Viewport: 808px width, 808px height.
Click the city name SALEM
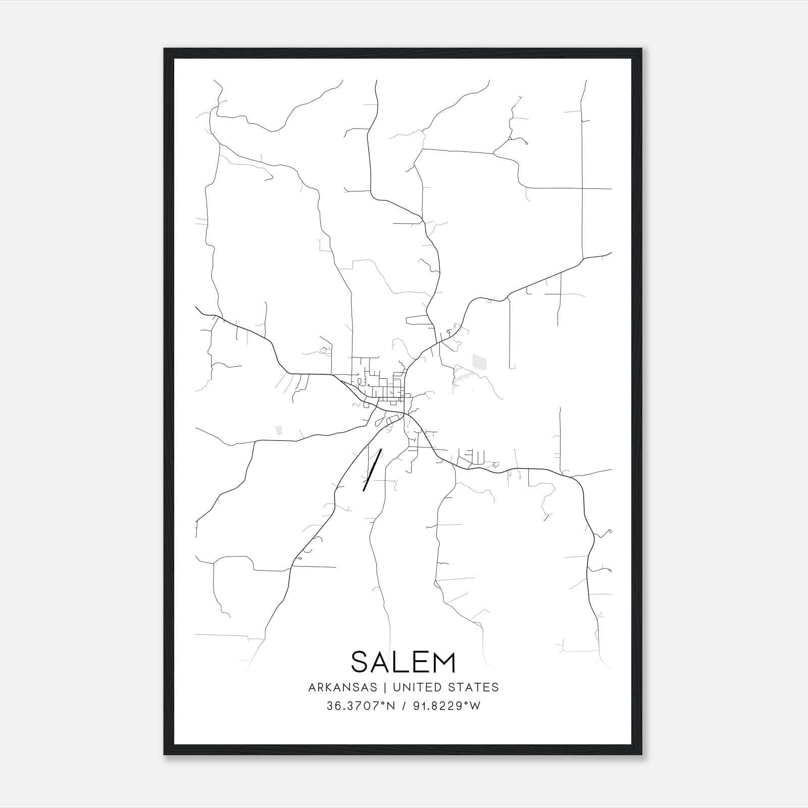tap(403, 662)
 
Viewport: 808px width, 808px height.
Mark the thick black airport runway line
tap(372, 470)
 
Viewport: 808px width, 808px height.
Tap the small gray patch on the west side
tap(278, 430)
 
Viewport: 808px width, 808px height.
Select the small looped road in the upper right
tap(526, 142)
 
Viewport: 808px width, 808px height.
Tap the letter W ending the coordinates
tap(475, 706)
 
